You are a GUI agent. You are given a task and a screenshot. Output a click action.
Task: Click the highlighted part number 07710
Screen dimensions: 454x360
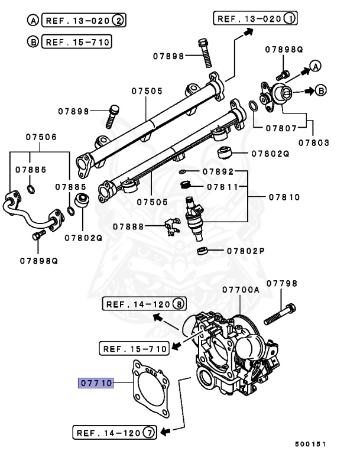click(96, 383)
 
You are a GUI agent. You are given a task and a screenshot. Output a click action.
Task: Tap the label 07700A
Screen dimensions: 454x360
click(241, 290)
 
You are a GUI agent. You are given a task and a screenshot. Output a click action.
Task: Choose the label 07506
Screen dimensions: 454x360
click(41, 137)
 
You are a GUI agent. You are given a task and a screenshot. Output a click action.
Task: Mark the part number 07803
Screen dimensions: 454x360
click(313, 142)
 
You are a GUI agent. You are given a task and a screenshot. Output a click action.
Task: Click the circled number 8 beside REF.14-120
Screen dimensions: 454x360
click(178, 304)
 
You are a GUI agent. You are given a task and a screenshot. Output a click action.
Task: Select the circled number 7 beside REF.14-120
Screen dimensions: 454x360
click(149, 433)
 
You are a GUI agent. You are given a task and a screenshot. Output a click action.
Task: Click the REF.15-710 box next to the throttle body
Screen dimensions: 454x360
click(134, 348)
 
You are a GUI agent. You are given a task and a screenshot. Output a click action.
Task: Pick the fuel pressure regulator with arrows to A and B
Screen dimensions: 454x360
click(275, 92)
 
